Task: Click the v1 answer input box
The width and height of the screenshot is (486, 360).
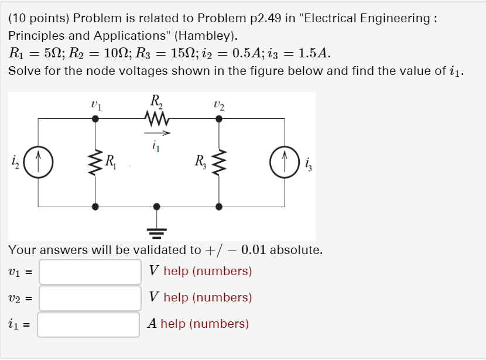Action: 90,272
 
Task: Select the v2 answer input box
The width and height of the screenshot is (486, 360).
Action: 90,298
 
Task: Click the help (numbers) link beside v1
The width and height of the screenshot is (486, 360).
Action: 208,271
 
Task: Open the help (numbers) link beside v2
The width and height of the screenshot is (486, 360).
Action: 208,297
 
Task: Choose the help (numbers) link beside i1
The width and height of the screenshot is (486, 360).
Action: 204,324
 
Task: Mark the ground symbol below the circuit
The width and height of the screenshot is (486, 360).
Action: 156,230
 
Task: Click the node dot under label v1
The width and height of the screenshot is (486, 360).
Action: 95,118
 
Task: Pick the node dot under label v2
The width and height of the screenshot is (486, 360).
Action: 219,118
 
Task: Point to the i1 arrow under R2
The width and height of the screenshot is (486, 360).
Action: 157,132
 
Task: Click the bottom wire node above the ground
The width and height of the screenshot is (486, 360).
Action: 156,206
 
